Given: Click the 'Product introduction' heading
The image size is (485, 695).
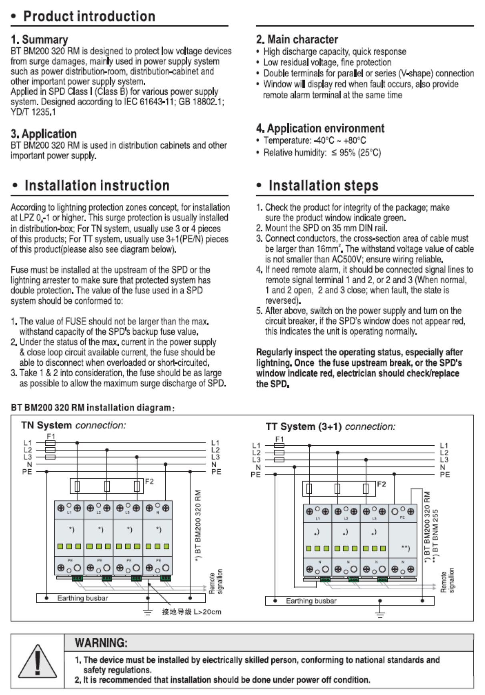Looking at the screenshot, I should click(x=89, y=16).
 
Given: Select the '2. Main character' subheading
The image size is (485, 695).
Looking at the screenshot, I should click(x=297, y=40).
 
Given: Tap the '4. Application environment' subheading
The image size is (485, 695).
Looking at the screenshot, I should click(x=320, y=128).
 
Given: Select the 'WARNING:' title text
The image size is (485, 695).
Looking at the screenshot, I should click(x=101, y=643).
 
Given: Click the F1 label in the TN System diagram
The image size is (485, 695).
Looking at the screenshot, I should click(x=51, y=436).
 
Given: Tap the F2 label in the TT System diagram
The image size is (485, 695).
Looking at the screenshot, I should click(x=381, y=484).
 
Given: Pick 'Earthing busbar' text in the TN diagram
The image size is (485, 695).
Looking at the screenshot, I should click(x=82, y=598).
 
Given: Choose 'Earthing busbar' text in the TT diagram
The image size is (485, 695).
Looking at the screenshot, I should click(x=311, y=601).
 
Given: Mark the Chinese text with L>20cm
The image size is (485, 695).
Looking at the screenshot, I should click(x=191, y=612).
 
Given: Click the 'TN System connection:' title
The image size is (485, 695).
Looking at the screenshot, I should click(x=73, y=425).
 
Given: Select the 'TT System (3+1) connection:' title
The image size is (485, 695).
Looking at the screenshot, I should click(x=330, y=427).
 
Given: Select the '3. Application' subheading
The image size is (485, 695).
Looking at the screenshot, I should click(x=44, y=134).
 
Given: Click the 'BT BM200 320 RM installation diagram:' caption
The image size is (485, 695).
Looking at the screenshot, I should click(x=92, y=408).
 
